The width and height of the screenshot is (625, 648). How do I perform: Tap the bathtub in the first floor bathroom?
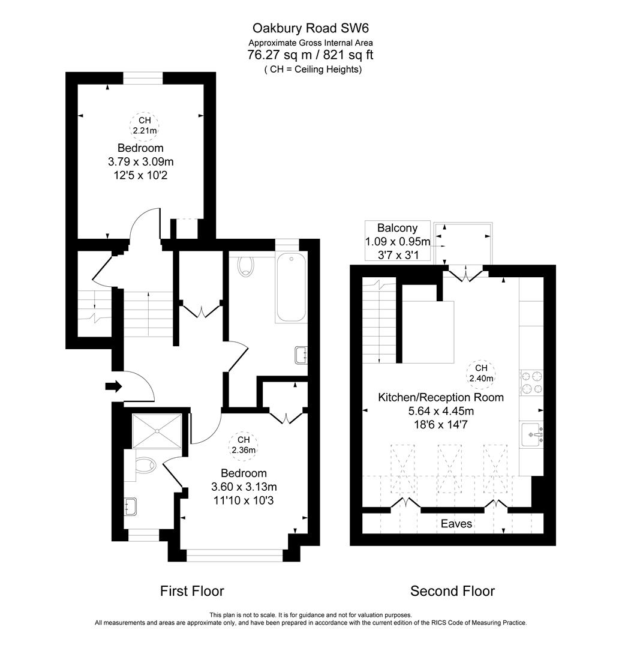[x=291, y=288]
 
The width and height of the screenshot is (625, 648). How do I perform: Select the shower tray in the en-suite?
[x=157, y=430]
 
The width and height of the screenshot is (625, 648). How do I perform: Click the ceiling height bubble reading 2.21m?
[x=145, y=124]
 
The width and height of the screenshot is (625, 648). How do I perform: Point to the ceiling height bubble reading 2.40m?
[x=481, y=373]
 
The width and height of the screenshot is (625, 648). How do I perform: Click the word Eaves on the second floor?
[x=456, y=524]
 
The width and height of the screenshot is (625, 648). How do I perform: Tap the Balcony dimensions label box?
[x=398, y=241]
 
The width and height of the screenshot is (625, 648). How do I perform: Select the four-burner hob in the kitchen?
[x=533, y=383]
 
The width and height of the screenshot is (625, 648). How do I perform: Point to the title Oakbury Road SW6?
[x=306, y=28]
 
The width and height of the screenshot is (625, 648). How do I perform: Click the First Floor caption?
[x=192, y=591]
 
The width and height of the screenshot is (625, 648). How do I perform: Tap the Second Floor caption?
[x=452, y=591]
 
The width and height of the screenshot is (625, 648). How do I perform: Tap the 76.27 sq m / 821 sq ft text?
[x=310, y=55]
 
